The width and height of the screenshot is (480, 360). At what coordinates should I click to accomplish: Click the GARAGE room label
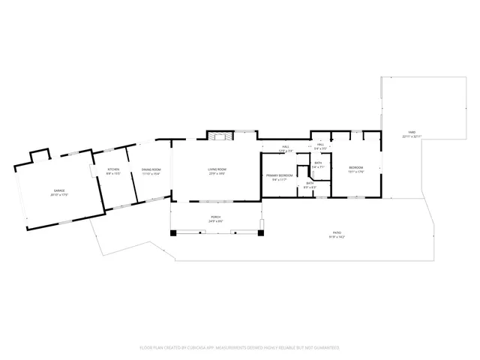click(58, 190)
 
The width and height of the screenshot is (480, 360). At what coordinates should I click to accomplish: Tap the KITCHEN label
click(113, 169)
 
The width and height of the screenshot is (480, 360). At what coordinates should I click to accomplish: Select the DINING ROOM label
click(151, 169)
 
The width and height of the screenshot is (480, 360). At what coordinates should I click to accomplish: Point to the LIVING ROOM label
click(217, 169)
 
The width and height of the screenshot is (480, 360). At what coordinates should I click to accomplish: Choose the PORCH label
click(215, 217)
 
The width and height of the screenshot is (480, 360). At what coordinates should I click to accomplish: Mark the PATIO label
click(335, 234)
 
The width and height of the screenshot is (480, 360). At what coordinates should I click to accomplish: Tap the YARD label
click(412, 132)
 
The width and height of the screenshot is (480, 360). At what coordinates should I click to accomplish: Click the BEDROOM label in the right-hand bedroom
click(355, 167)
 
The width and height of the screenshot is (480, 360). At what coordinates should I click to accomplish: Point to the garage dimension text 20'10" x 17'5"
click(58, 195)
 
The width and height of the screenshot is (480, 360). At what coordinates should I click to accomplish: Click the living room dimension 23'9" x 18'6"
click(217, 174)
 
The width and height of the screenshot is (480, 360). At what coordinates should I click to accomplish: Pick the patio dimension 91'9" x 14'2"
click(335, 238)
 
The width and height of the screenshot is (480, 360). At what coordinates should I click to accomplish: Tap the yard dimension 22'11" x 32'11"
click(412, 136)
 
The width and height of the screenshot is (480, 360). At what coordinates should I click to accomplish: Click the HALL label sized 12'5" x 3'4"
click(286, 146)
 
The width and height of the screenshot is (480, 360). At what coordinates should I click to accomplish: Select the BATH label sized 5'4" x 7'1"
click(318, 163)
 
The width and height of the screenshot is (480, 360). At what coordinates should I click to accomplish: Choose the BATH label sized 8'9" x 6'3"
click(309, 183)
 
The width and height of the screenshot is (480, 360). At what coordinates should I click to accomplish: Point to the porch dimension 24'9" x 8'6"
click(215, 222)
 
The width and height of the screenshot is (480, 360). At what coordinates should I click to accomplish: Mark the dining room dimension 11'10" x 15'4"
click(151, 174)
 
